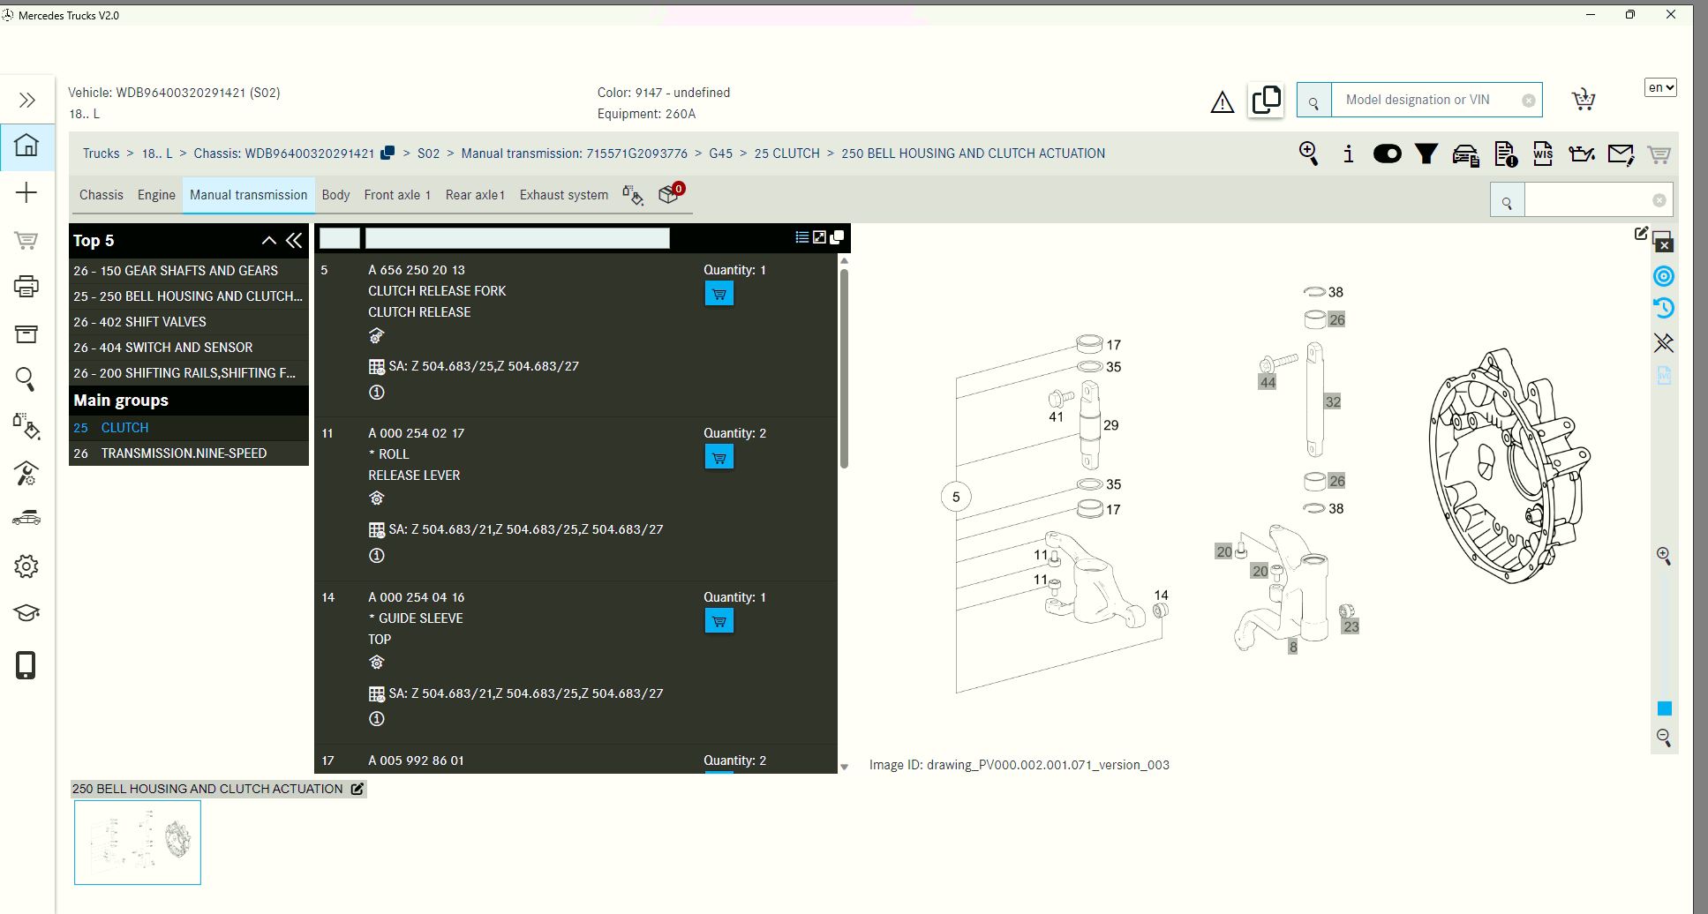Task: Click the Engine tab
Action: tap(156, 195)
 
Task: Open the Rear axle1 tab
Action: tap(475, 195)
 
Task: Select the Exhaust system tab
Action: tap(563, 195)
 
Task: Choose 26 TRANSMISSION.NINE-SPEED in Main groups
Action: tap(183, 453)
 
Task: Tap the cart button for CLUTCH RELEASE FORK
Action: tap(719, 294)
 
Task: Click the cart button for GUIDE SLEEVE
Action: tap(719, 621)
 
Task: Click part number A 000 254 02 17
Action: tap(416, 433)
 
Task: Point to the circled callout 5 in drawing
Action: tap(956, 497)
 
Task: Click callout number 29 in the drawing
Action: tap(1110, 425)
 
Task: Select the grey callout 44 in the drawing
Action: tap(1268, 382)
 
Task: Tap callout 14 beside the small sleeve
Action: tap(1161, 596)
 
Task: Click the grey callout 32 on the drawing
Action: tap(1333, 401)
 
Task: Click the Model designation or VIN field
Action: tap(1427, 100)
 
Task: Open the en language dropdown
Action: tap(1659, 87)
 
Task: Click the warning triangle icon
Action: tap(1222, 103)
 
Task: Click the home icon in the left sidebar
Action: tap(26, 145)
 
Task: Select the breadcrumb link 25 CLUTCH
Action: tap(786, 154)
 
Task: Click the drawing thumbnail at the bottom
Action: tap(138, 843)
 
